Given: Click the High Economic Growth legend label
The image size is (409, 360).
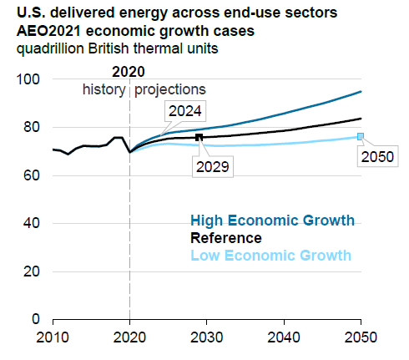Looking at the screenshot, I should [x=272, y=221].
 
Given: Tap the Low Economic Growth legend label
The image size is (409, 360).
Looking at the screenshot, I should [x=271, y=255].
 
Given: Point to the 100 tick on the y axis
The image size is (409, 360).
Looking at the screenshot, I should [x=28, y=79].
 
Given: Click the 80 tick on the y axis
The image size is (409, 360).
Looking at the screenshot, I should [x=31, y=127].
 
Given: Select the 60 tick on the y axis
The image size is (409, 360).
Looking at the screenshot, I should [x=31, y=175].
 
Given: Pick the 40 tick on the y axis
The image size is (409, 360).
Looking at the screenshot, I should [x=31, y=223].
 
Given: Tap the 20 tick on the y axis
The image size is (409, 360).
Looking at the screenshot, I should [x=31, y=271].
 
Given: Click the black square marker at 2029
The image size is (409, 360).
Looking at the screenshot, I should [x=199, y=137].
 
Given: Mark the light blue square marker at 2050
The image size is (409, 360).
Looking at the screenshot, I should [x=361, y=136].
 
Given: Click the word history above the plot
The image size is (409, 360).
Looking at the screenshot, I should [x=103, y=89].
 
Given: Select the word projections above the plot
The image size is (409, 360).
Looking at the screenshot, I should [x=170, y=89].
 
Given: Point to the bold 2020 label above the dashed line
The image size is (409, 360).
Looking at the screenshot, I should [x=129, y=72].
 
